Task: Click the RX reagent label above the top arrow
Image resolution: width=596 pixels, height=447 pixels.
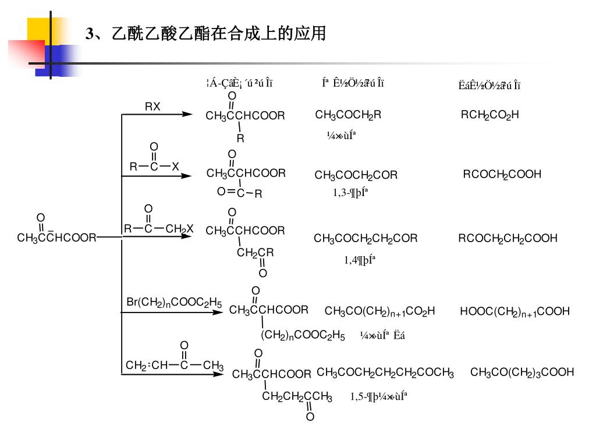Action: click(152, 107)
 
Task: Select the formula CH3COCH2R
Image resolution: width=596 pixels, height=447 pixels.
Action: click(348, 115)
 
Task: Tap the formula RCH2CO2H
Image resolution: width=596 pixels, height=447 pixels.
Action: click(489, 115)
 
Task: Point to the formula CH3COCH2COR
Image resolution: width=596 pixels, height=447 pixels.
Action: click(356, 175)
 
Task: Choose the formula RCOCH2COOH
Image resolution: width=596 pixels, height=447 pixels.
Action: click(502, 174)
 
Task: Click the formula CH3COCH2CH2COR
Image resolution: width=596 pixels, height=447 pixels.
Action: click(366, 238)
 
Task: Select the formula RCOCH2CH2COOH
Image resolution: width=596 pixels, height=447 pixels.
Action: click(508, 238)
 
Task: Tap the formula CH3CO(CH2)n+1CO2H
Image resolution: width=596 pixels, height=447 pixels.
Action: click(379, 311)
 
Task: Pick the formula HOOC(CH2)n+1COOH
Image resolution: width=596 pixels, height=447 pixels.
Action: click(515, 312)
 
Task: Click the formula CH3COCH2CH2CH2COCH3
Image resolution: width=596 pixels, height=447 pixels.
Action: click(385, 372)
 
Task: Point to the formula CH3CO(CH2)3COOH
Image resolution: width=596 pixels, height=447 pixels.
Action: click(521, 372)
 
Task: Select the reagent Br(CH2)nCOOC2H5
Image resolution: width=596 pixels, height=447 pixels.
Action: click(174, 303)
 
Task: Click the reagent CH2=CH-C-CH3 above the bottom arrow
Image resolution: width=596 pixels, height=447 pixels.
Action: click(175, 366)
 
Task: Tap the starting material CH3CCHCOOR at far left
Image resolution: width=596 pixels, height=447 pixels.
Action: click(56, 237)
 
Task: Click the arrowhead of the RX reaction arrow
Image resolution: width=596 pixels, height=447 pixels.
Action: click(187, 115)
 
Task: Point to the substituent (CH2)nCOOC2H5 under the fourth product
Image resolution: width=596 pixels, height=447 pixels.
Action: click(303, 336)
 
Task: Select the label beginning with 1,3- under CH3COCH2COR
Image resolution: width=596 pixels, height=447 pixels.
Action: click(350, 193)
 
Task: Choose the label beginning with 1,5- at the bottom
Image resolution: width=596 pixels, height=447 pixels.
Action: click(378, 396)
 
